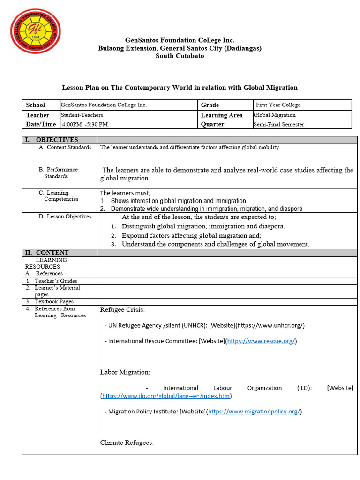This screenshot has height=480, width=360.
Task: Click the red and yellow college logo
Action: tap(35, 30)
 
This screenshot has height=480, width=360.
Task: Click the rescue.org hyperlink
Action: tap(261, 341)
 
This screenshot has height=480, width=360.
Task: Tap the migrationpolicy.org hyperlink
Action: tap(254, 412)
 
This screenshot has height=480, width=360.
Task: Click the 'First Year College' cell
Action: tap(278, 105)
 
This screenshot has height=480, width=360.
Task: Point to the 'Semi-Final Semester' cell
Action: tap(279, 125)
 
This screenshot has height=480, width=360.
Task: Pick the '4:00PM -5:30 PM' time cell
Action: tap(85, 125)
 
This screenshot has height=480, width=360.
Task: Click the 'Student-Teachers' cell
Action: tap(82, 115)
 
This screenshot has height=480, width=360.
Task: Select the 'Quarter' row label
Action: tap(212, 125)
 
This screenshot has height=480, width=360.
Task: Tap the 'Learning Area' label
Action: tap(222, 115)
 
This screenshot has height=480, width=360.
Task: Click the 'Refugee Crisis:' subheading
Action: tap(122, 310)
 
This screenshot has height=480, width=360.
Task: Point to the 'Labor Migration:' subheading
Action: tap(125, 372)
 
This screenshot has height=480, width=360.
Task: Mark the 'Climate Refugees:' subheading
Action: tap(127, 442)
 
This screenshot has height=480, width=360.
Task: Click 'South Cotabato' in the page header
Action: tap(180, 56)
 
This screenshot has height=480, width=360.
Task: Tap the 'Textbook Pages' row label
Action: tap(54, 302)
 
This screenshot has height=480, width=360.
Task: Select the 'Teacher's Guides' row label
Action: tap(56, 281)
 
